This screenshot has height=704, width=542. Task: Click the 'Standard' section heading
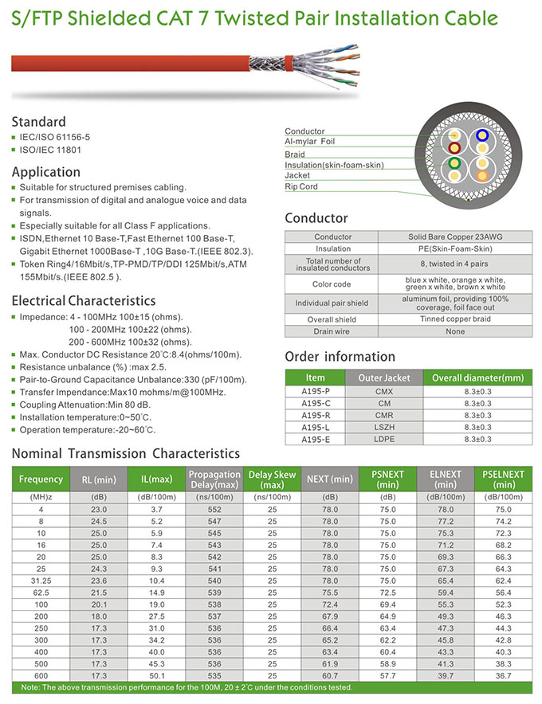click(x=38, y=122)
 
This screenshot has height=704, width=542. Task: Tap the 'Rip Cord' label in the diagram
click(x=301, y=187)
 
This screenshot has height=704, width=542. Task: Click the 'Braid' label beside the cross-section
click(x=295, y=154)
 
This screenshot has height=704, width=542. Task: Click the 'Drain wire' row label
click(x=332, y=331)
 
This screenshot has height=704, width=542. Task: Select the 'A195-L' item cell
click(x=316, y=427)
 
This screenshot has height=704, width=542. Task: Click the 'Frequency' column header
click(x=41, y=479)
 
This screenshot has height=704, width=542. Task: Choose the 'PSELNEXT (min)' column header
click(x=504, y=479)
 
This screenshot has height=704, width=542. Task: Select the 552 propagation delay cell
click(x=214, y=508)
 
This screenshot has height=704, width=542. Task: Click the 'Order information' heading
click(x=340, y=357)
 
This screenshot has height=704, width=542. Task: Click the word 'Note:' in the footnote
click(x=32, y=687)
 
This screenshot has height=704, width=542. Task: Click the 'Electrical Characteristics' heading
click(x=84, y=300)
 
